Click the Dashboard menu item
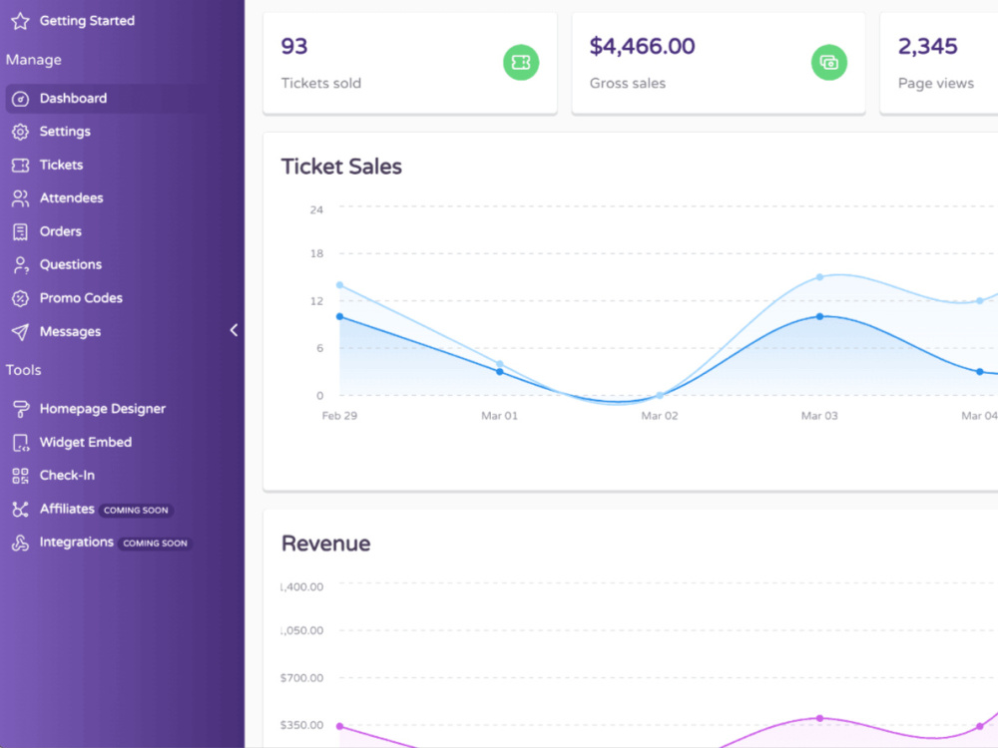73,99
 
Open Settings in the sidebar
64,132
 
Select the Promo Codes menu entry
81,298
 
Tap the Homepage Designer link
102,409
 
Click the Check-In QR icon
20,476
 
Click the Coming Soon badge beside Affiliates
136,510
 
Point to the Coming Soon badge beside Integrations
155,544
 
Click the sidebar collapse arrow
234,330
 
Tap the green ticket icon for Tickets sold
521,62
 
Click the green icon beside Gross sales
828,62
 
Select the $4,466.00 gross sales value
642,47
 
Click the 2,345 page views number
927,47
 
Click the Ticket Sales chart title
341,167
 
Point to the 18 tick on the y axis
316,253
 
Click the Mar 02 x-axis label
660,416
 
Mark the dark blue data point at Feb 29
340,317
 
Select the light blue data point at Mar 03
819,277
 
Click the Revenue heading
325,544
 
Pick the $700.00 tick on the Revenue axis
301,678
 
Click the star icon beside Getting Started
20,21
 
